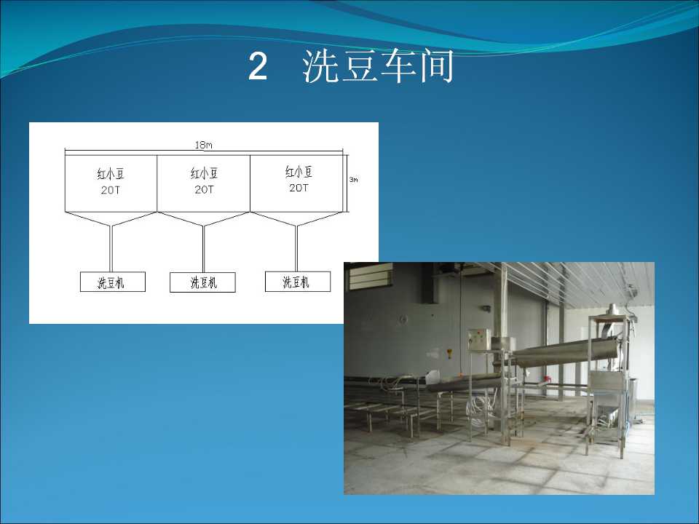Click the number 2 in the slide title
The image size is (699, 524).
tap(258, 66)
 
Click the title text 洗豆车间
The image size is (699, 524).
tap(378, 66)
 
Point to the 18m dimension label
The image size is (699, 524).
tap(203, 145)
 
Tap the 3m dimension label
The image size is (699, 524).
tap(353, 180)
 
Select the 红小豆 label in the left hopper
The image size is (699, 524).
tap(111, 173)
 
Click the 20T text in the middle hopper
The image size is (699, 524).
tap(204, 189)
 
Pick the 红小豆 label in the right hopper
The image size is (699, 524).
tap(299, 172)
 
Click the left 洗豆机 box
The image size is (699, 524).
tap(113, 282)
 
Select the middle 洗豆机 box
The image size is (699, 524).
tap(203, 282)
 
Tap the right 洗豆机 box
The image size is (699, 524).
tap(298, 282)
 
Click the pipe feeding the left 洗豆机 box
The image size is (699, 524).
tap(111, 249)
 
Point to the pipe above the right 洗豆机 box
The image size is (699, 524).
tap(296, 248)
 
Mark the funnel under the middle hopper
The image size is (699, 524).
tap(203, 219)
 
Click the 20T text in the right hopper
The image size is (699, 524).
tap(299, 188)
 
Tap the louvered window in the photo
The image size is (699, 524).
tap(370, 276)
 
